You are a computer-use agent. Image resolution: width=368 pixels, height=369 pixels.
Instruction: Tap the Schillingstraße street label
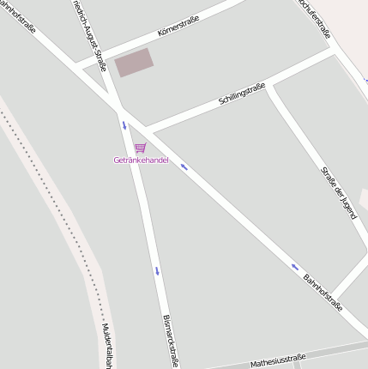tap(242, 93)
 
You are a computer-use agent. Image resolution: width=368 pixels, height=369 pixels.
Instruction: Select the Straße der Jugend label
tap(338, 192)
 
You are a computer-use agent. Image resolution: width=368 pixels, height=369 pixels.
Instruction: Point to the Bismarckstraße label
tap(170, 340)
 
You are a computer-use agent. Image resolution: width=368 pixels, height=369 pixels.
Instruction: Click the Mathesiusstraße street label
tap(278, 360)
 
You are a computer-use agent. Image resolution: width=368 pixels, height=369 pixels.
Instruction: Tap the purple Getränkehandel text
tap(141, 160)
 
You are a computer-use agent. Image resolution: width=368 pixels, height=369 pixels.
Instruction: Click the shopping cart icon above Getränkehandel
tap(140, 148)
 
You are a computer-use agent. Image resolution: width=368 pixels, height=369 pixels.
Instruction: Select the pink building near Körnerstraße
tap(135, 62)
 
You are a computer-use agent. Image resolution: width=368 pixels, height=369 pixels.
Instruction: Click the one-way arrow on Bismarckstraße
tap(157, 271)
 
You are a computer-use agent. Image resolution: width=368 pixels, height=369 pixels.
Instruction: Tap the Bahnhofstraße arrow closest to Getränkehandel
tap(184, 166)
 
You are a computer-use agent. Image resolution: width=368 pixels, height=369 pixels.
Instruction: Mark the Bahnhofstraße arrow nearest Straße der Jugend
tap(295, 266)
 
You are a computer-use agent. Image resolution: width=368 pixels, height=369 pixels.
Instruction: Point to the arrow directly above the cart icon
tap(124, 126)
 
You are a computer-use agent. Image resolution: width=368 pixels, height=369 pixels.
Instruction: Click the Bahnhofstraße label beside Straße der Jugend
tap(323, 292)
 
